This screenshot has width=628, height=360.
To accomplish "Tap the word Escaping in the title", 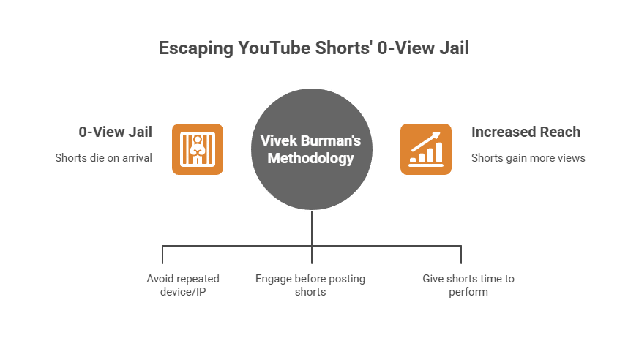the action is point(196,49).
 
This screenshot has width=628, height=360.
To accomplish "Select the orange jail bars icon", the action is point(198,149).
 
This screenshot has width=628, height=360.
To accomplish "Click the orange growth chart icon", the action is point(426,149).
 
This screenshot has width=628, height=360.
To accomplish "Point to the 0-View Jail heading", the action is point(116,132).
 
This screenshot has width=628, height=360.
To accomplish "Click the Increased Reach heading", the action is point(526,132).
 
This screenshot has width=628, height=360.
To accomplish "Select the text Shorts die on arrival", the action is point(104,158).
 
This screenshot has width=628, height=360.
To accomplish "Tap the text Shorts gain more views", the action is point(528,158).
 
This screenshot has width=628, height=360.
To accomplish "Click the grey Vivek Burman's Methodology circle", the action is point(312,149).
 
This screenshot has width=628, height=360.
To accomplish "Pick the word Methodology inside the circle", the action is point(311,158).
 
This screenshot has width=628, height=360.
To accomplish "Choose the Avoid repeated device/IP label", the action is point(183,285).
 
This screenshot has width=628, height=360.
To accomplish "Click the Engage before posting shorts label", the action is point(310,285).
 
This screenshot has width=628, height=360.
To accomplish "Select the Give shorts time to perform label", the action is point(468,285).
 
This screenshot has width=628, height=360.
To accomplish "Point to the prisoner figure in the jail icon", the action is point(198,149).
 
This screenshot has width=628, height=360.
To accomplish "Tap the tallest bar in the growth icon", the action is point(439,152).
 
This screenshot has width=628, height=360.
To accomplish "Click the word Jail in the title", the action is point(455,48).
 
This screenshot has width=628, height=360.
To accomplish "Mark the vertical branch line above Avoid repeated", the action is point(162,255).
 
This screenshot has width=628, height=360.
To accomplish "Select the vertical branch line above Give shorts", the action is point(461,255).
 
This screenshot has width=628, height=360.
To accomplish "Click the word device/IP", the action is point(183,292).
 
